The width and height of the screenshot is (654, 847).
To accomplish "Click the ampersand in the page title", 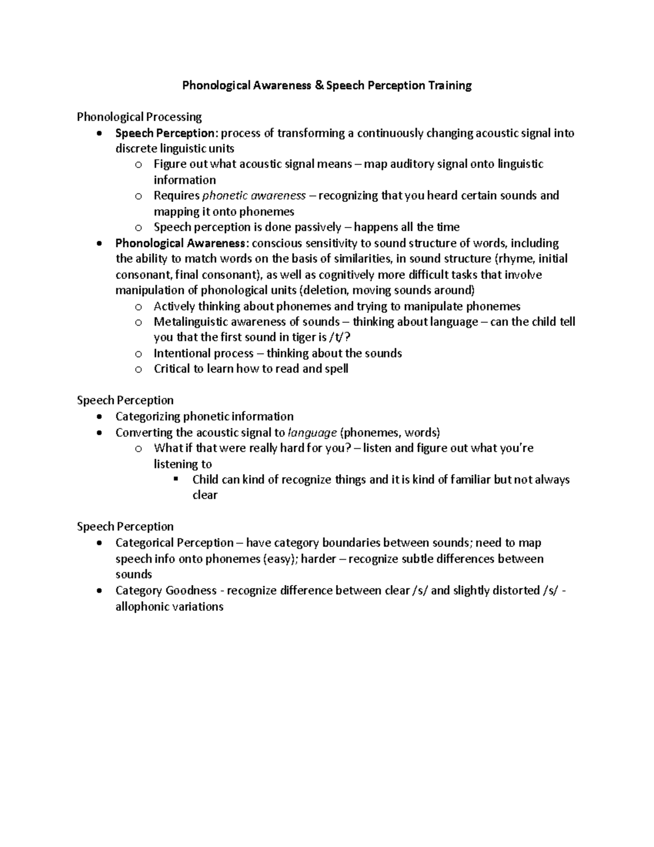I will [x=318, y=86].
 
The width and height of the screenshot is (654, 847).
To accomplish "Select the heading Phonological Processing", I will [x=139, y=117].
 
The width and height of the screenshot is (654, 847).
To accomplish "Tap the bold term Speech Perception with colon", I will [x=166, y=134].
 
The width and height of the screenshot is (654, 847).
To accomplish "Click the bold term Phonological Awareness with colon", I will [x=181, y=243].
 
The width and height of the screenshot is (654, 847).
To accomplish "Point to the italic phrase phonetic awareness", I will [x=254, y=196].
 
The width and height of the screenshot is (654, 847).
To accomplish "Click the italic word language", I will [x=312, y=433].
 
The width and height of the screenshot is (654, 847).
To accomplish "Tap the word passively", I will [x=318, y=227].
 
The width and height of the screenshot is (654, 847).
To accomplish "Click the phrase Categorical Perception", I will [x=174, y=543].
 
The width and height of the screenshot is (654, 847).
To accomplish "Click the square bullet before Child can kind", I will [x=175, y=479].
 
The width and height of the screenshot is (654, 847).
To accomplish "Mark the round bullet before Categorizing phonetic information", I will [x=98, y=417].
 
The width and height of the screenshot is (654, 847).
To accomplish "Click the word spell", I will [x=336, y=369].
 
